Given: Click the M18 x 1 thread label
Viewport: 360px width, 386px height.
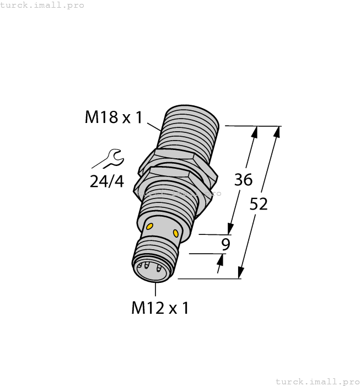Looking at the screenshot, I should [114, 117].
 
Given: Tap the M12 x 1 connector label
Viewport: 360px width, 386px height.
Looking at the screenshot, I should [160, 308].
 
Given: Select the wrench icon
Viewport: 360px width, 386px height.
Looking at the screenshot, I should [109, 159].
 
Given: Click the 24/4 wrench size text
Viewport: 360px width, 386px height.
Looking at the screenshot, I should [107, 181].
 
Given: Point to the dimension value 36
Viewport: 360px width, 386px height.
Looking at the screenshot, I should [243, 179].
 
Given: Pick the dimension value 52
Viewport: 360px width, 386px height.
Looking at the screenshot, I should [259, 204].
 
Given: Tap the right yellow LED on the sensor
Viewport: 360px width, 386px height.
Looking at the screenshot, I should [176, 232].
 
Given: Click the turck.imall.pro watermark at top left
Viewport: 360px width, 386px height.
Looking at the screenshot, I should [42, 5].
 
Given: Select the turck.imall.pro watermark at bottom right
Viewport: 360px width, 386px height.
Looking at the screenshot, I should [316, 381].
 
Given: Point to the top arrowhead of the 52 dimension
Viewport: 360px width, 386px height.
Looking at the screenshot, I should [276, 132].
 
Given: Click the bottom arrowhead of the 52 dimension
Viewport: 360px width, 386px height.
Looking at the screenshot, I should [241, 273].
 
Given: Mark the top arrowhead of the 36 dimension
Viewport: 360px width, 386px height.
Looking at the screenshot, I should [255, 132].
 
